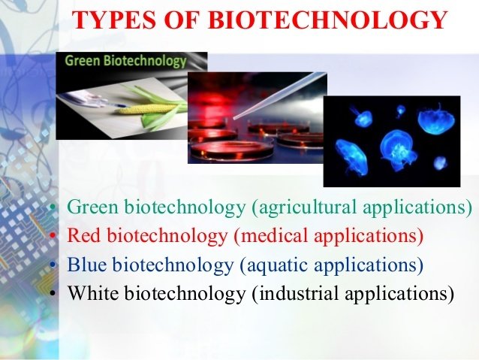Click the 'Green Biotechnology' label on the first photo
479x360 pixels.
coord(125,61)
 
